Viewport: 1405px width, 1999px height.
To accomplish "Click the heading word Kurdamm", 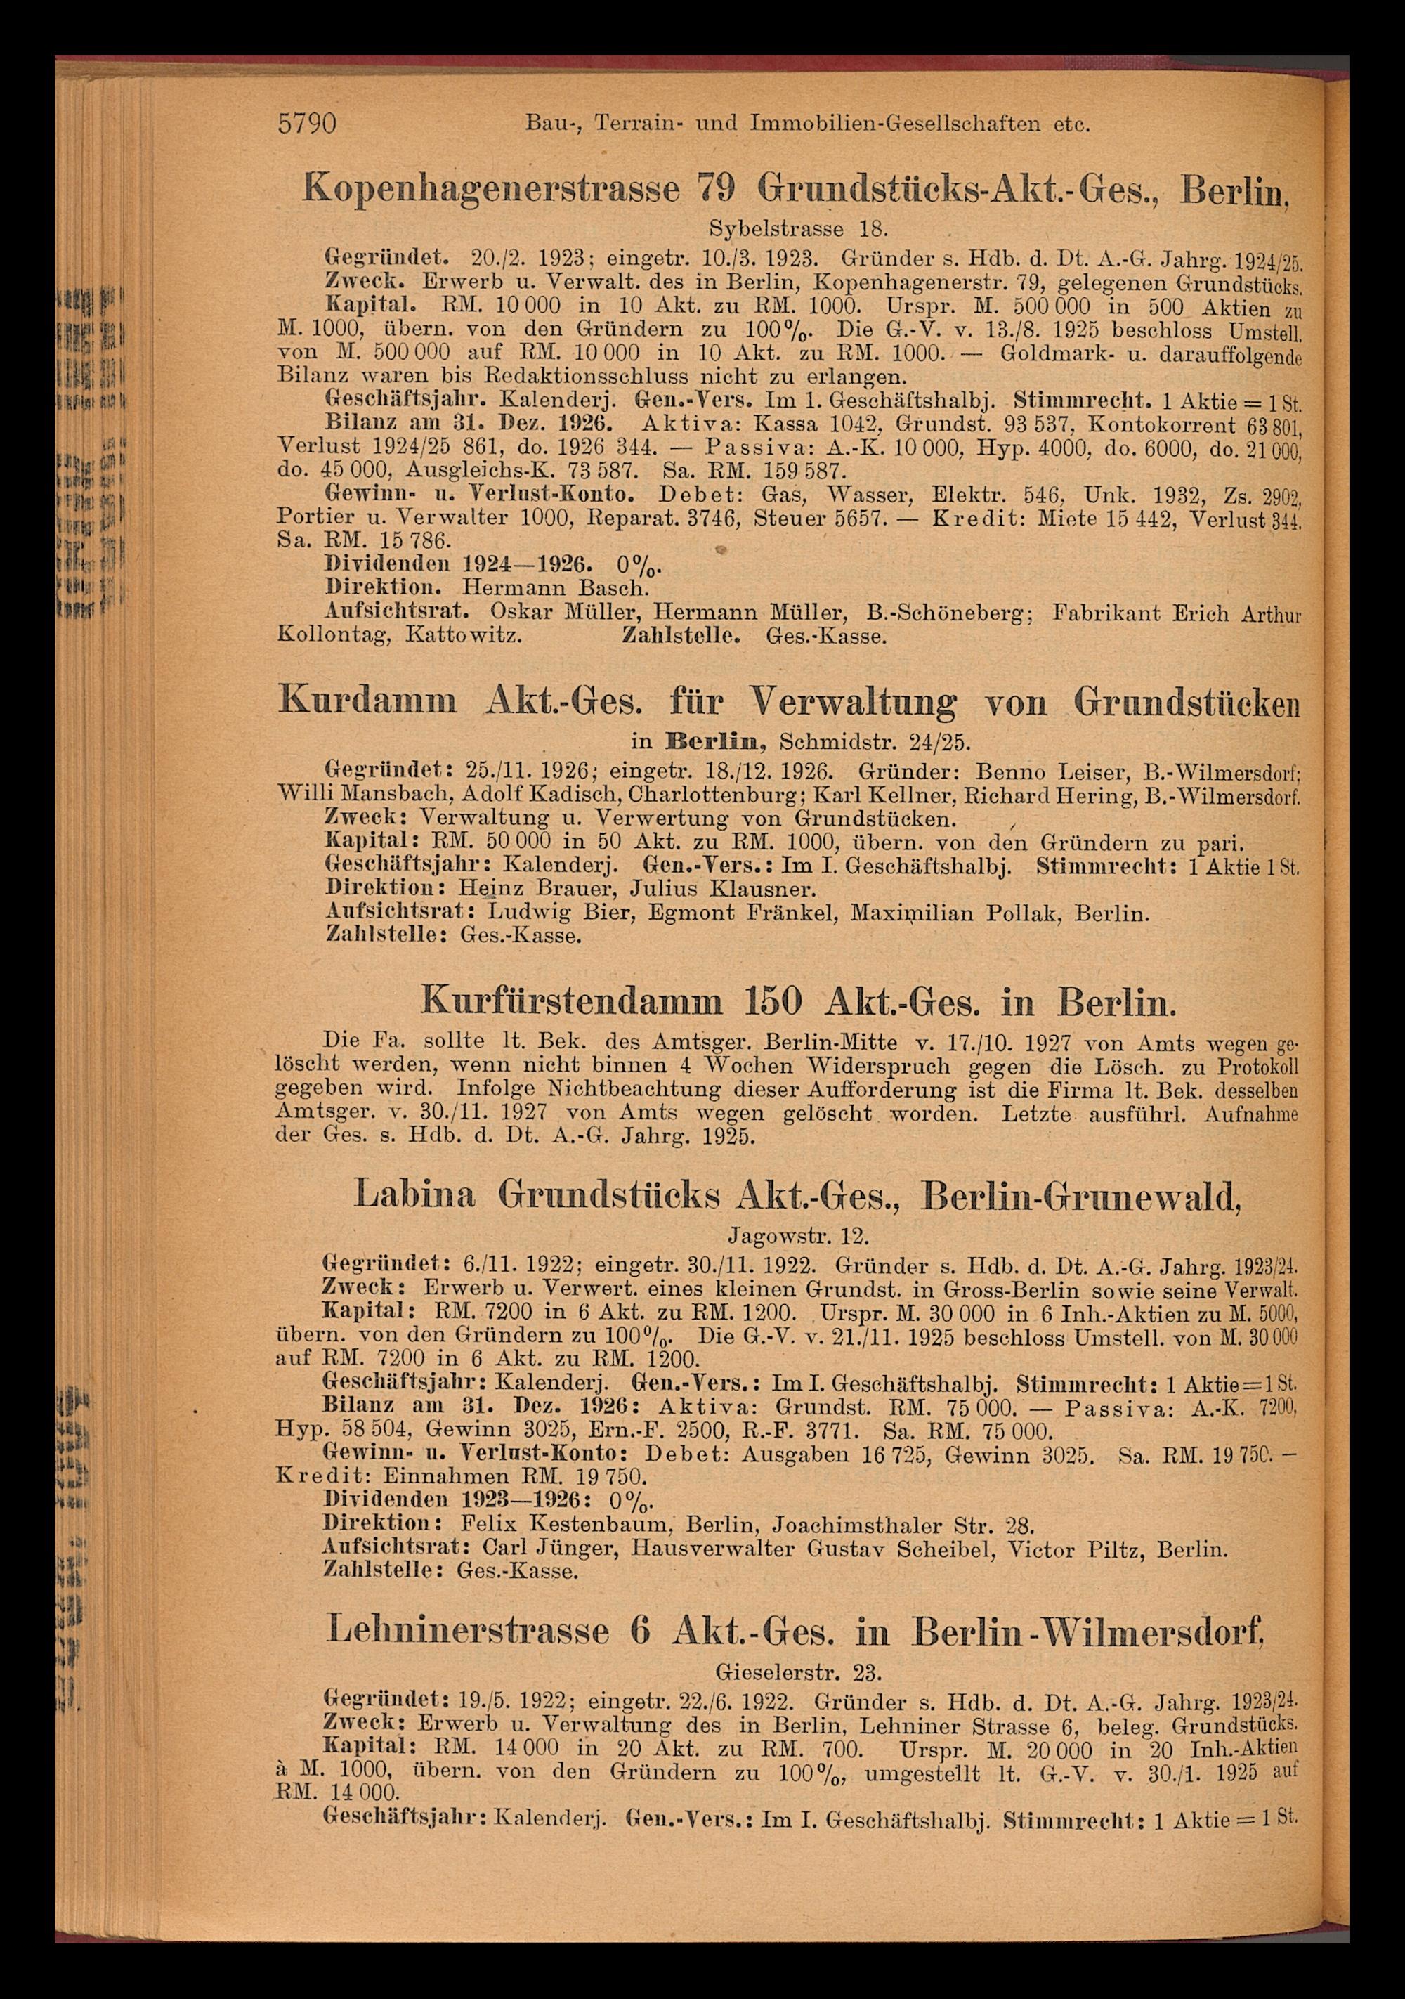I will [368, 700].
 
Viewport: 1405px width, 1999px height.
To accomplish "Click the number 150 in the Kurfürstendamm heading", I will [776, 1002].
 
